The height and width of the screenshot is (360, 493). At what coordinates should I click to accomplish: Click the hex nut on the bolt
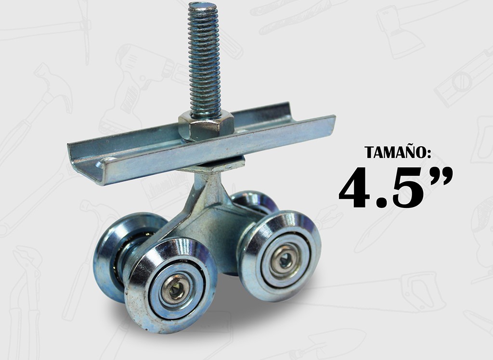tap(206, 126)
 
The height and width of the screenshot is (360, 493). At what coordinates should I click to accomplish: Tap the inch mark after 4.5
tap(440, 175)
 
